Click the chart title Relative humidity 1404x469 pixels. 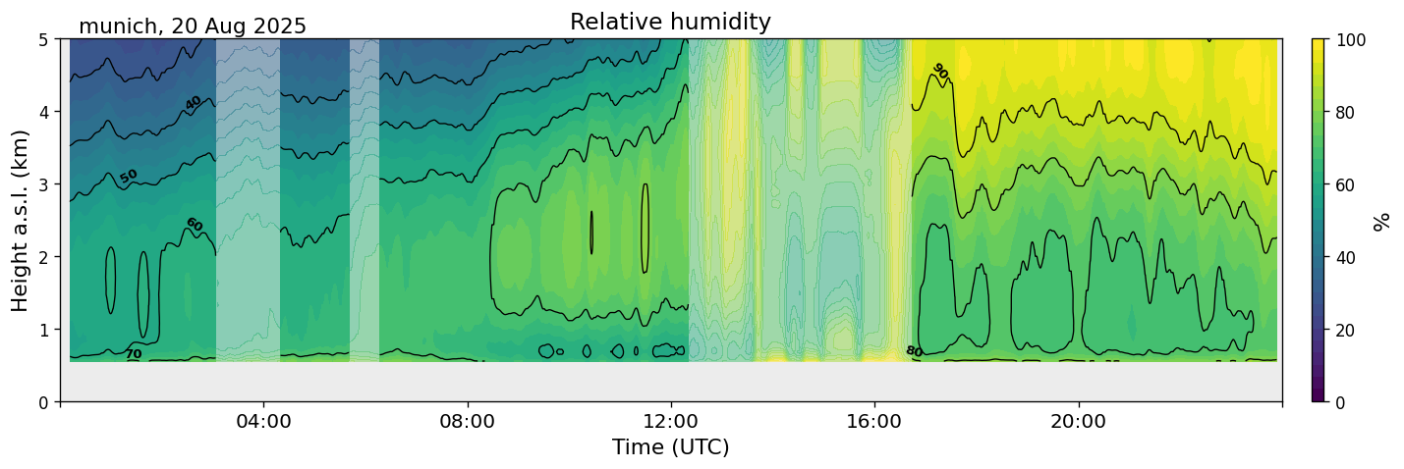670,22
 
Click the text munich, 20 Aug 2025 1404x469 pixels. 193,26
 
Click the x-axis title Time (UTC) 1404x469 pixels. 670,447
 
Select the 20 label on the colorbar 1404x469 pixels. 1353,330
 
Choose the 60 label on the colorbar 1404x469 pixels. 1353,184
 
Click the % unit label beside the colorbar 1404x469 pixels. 1382,221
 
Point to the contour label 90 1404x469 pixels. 940,71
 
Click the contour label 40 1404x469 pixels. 193,103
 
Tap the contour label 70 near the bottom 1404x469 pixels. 134,354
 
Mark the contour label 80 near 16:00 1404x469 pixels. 914,351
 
